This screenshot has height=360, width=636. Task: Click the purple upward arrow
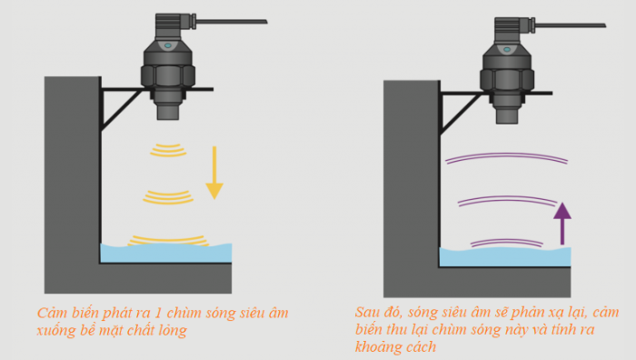[x=563, y=223]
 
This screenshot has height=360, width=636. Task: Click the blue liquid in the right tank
[x=504, y=258]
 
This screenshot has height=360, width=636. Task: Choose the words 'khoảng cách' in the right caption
[x=394, y=347]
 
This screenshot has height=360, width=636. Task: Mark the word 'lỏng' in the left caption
[x=171, y=331]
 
